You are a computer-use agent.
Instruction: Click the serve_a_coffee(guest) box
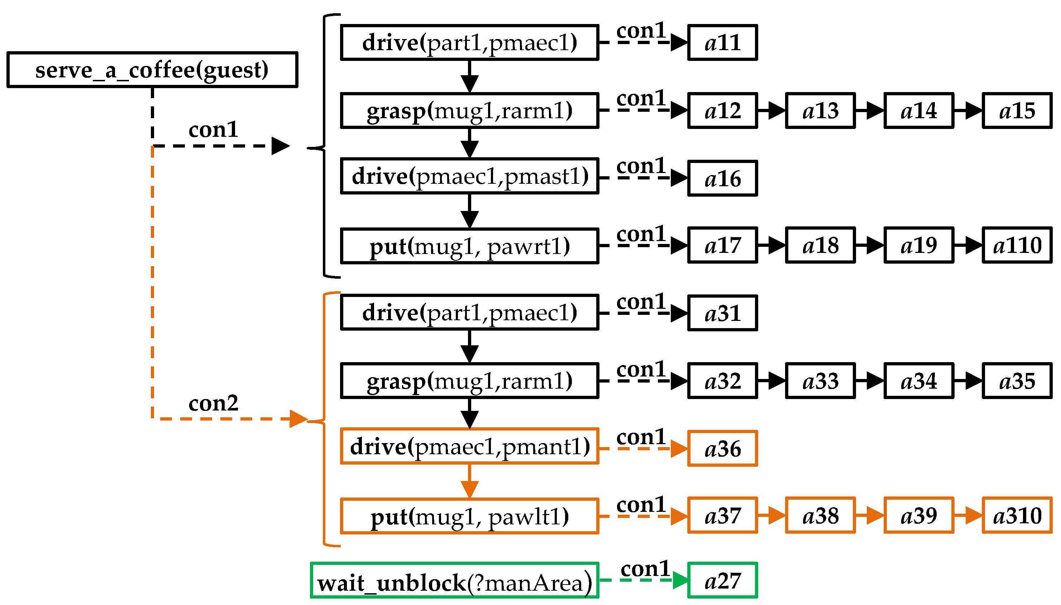click(x=152, y=70)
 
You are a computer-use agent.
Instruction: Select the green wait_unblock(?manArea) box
click(x=454, y=581)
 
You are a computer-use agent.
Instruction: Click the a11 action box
click(x=722, y=42)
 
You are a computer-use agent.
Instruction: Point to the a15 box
click(x=1017, y=111)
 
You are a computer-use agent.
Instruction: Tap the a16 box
click(x=722, y=178)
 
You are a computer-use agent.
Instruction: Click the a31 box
click(x=722, y=313)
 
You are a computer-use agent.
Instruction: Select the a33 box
click(x=820, y=381)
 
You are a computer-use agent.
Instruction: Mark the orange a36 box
click(x=722, y=448)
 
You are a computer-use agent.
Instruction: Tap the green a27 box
click(x=722, y=581)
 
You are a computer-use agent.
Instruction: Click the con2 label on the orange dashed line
click(x=213, y=403)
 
